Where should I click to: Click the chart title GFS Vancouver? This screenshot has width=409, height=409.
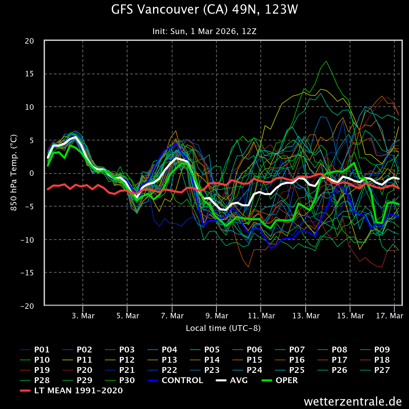[204, 10]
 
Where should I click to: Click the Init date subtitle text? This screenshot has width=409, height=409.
[204, 31]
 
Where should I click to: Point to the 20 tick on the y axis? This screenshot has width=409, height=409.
[30, 41]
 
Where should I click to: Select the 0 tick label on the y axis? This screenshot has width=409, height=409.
[32, 173]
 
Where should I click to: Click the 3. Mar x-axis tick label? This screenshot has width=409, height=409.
[84, 316]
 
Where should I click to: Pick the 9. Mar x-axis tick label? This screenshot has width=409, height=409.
[217, 316]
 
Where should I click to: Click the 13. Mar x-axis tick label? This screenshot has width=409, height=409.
[306, 316]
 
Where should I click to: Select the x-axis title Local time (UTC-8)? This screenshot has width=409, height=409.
[223, 328]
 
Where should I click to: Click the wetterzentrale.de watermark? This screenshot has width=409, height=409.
[353, 401]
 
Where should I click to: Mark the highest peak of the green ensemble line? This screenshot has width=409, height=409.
[326, 61]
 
